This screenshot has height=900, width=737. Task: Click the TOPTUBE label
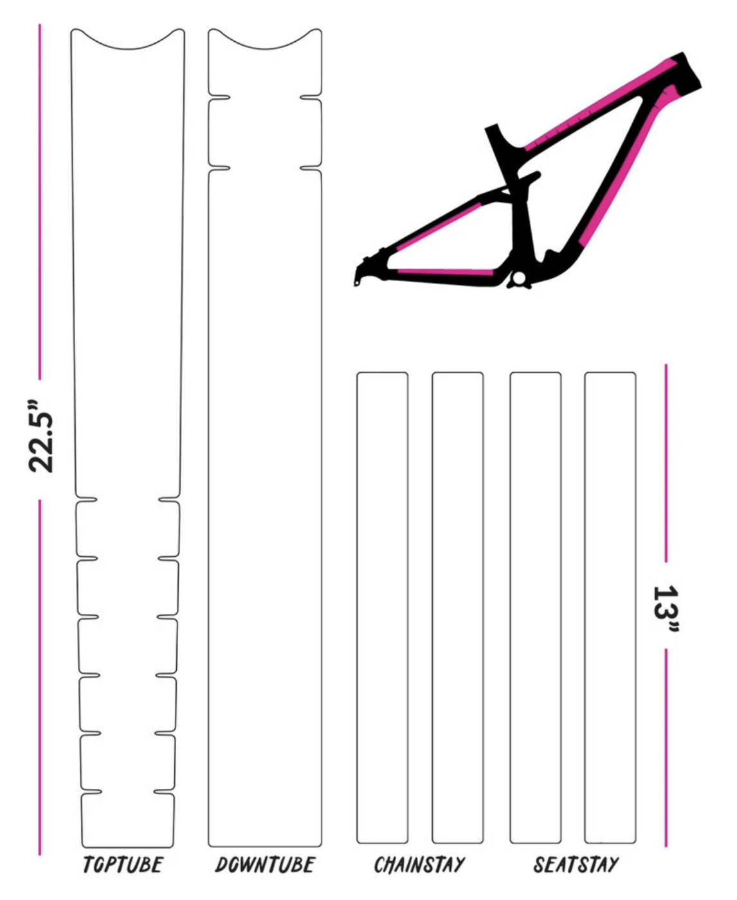coord(123,865)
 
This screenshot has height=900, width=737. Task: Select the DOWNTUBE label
coord(264,865)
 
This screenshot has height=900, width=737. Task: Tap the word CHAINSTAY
coord(419,865)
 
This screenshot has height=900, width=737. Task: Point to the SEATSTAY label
coord(575,865)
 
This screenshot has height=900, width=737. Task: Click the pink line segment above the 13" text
coord(666,463)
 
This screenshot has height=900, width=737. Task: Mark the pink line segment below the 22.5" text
coord(40,675)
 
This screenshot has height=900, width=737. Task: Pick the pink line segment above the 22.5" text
coord(40,199)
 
